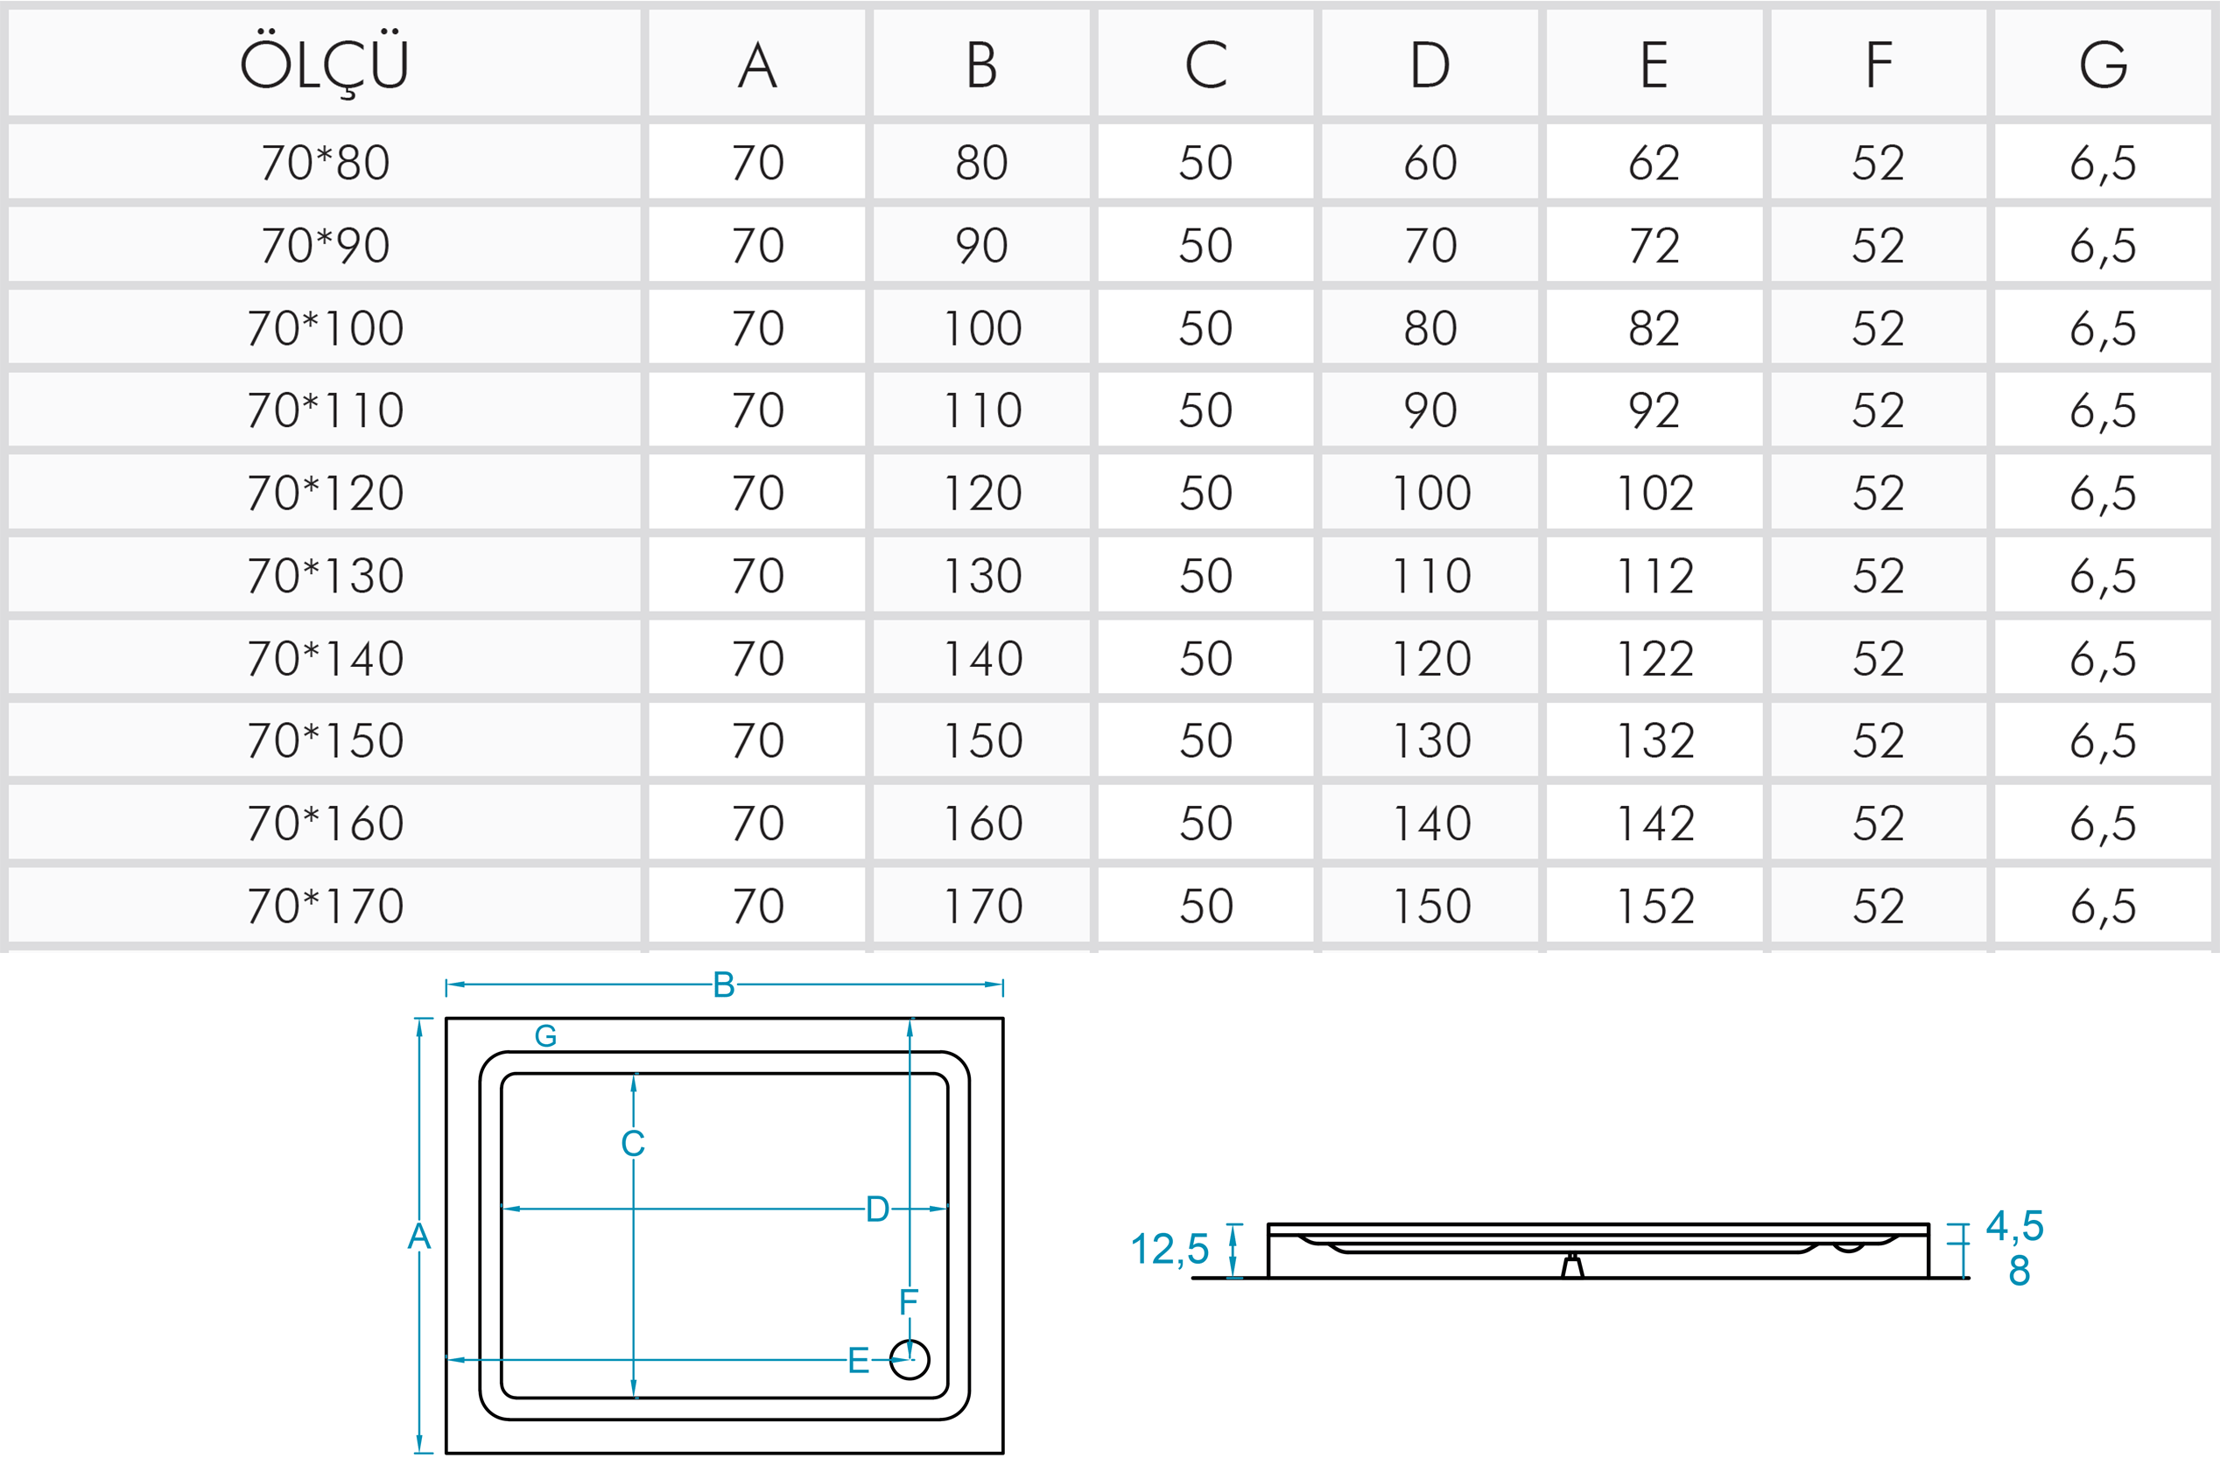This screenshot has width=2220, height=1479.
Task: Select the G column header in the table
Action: [x=2103, y=65]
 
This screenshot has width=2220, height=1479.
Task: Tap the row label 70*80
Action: [x=326, y=162]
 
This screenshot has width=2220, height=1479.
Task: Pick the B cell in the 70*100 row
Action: [x=982, y=328]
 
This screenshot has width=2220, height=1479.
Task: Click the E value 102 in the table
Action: [x=1654, y=494]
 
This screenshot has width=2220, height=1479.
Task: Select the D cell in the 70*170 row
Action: [x=1431, y=907]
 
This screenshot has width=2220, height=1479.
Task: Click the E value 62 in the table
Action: [x=1654, y=162]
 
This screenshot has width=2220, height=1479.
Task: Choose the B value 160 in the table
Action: [x=982, y=824]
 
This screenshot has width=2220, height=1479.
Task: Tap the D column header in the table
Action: [x=1430, y=65]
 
